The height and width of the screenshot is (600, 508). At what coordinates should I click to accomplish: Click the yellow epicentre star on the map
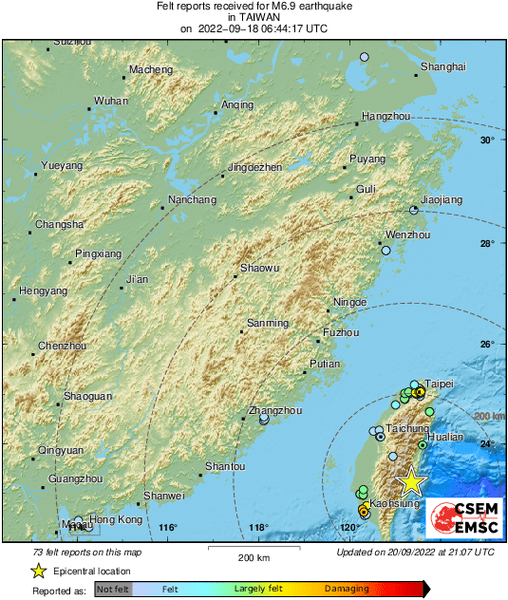pos(410,481)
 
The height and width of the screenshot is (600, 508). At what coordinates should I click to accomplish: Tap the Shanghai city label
pos(443,66)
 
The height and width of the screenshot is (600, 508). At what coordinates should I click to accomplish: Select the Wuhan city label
pos(111,101)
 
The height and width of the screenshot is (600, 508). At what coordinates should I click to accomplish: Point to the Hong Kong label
pos(117,520)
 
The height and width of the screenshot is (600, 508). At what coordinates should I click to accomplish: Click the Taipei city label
pos(440,384)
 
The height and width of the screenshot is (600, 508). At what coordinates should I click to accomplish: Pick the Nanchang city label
pos(192,200)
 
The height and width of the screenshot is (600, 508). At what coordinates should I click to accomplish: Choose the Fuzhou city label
pos(341,333)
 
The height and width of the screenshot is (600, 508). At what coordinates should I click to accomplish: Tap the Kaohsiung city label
pos(394,503)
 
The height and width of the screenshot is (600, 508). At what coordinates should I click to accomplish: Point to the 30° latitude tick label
pos(487,141)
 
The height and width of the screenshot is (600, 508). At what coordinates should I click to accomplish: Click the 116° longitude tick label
pos(169,528)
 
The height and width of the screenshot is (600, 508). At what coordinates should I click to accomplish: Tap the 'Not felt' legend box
pos(113,590)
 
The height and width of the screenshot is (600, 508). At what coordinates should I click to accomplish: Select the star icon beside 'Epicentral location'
pos(39,571)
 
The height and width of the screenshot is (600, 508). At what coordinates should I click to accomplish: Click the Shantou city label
pos(226,466)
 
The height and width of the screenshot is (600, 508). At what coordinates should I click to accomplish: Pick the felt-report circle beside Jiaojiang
pos(413,211)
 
